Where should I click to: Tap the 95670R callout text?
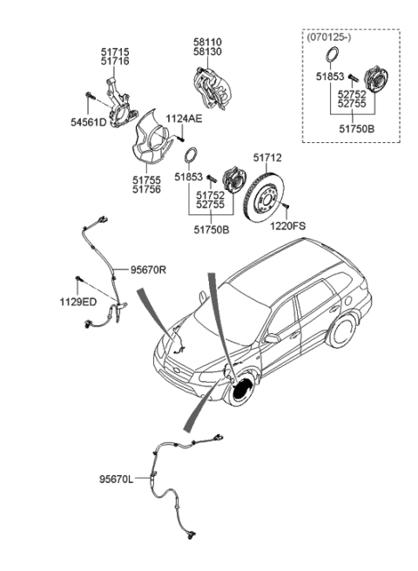click(148, 270)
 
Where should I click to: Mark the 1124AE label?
click(185, 119)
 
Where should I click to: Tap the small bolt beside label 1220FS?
click(283, 207)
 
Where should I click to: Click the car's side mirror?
click(272, 337)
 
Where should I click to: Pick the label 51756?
click(146, 189)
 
